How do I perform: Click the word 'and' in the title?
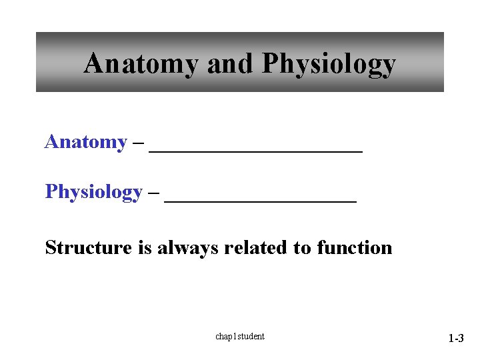coord(231,64)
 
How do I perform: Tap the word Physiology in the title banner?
coord(329,65)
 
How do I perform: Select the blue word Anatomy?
coord(85,142)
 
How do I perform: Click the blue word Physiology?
coord(93,192)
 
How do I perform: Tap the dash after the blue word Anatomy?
coord(138,143)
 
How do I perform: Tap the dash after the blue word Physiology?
coord(153,193)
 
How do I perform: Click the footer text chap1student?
coord(240,336)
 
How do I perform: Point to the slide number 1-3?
coord(455,339)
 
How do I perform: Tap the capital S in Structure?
coord(51,248)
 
